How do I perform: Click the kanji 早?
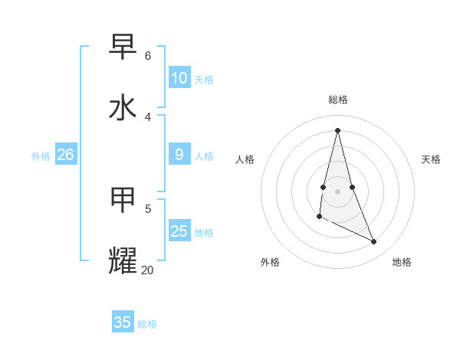pyautogui.click(x=123, y=47)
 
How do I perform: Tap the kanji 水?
pyautogui.click(x=123, y=107)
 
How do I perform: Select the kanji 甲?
pyautogui.click(x=123, y=200)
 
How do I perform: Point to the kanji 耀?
pyautogui.click(x=123, y=260)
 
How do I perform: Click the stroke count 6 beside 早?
pyautogui.click(x=148, y=56)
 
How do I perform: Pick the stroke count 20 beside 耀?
pyautogui.click(x=147, y=270)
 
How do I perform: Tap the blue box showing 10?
pyautogui.click(x=179, y=78)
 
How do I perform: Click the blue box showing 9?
pyautogui.click(x=179, y=155)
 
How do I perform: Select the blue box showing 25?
pyautogui.click(x=179, y=231)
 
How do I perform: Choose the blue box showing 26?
pyautogui.click(x=65, y=155)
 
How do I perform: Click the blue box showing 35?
pyautogui.click(x=123, y=322)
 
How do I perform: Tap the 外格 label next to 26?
pyautogui.click(x=41, y=156)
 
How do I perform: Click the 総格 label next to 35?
pyautogui.click(x=147, y=324)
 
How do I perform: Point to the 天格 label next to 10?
pyautogui.click(x=204, y=80)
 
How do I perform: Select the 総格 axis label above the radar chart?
pyautogui.click(x=338, y=100)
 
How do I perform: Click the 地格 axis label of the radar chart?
pyautogui.click(x=402, y=262)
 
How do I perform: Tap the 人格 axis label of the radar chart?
pyautogui.click(x=245, y=159)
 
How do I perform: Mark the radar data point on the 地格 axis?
pyautogui.click(x=374, y=242)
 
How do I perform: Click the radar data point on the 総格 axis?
pyautogui.click(x=337, y=129)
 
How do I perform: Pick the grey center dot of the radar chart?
pyautogui.click(x=337, y=191)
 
